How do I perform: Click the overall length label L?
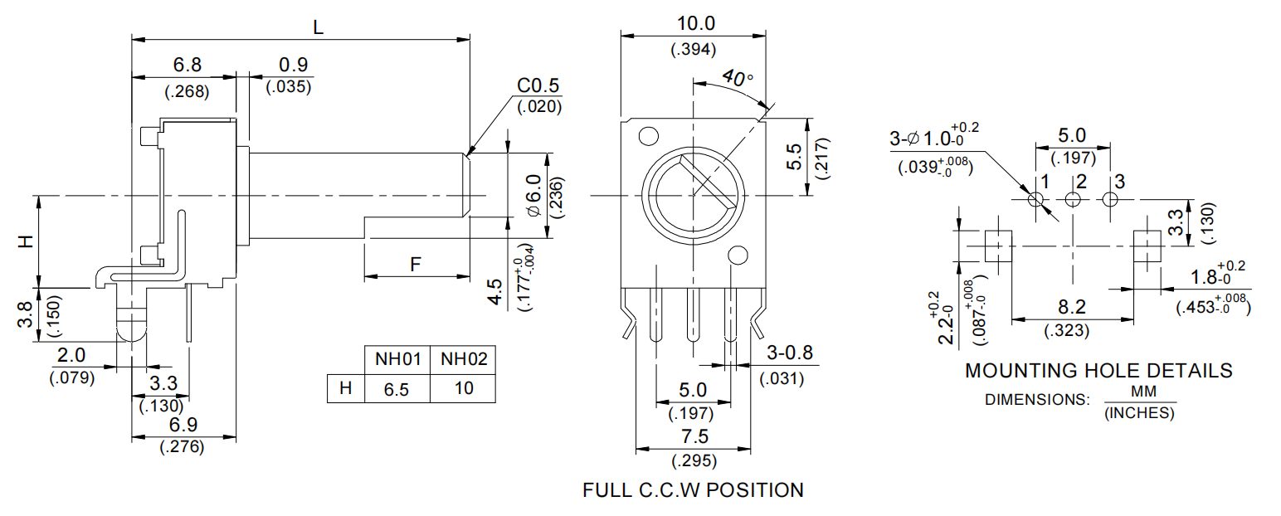pos(318,27)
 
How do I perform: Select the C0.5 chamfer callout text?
pos(538,86)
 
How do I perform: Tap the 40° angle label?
pos(738,79)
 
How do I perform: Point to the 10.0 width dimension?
pos(693,23)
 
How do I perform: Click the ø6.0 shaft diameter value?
pos(533,196)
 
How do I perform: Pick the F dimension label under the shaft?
pos(416,265)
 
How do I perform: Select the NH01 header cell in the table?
pos(397,359)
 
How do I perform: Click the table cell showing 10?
pos(464,388)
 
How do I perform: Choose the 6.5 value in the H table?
pos(397,388)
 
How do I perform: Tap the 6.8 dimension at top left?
pos(187,65)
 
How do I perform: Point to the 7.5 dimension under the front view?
pos(693,437)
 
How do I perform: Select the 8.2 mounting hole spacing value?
pos(1074,308)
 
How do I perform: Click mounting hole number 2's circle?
pos(1074,200)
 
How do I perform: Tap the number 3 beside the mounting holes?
pos(1119,181)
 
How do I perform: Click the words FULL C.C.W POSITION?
pos(693,490)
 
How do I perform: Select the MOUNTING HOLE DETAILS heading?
pos(1098,371)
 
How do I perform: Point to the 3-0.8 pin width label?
pos(790,353)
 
